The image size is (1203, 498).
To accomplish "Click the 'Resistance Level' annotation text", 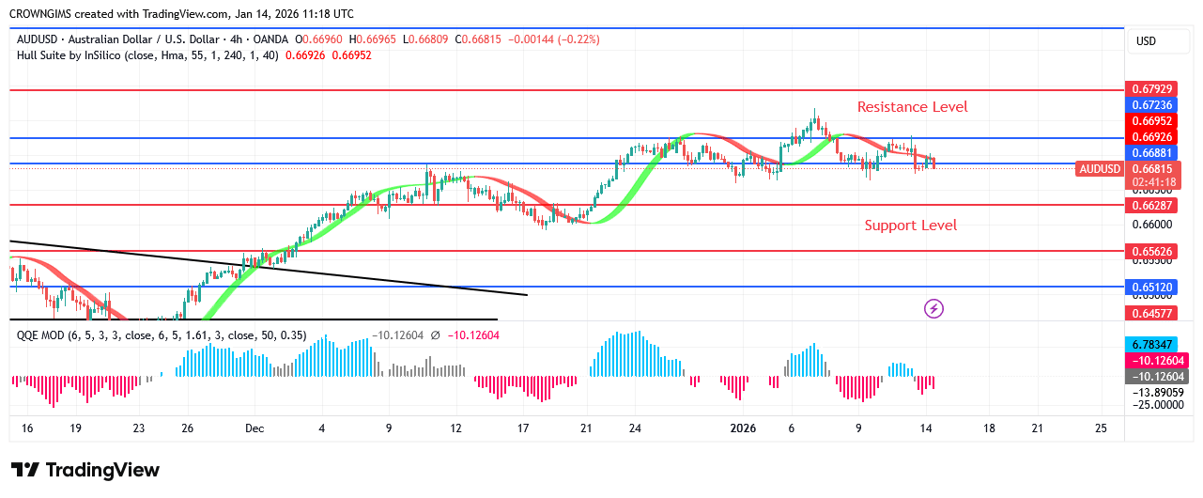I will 912,107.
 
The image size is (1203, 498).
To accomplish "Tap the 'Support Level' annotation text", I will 911,226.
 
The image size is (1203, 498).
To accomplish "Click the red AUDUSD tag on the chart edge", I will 1099,169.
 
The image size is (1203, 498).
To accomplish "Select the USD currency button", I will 1146,41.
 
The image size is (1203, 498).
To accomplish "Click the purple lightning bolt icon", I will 934,308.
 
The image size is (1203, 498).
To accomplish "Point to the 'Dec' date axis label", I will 255,428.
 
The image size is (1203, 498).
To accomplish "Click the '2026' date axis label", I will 743,428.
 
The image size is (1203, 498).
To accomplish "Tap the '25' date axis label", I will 1102,428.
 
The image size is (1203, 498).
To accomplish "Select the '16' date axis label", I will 27,428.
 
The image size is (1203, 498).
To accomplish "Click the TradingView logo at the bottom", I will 85,470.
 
